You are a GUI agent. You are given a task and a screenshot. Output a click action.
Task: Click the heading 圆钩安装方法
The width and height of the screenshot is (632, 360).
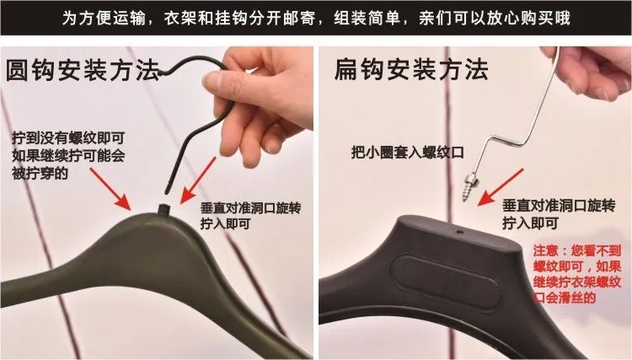pyautogui.click(x=83, y=71)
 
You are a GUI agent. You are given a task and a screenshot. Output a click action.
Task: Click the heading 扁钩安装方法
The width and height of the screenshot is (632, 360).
pyautogui.click(x=411, y=69)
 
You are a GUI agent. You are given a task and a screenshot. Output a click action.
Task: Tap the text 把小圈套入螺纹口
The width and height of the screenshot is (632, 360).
pyautogui.click(x=408, y=152)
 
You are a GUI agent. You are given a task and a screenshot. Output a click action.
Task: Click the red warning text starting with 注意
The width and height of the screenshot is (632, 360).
pyautogui.click(x=576, y=274)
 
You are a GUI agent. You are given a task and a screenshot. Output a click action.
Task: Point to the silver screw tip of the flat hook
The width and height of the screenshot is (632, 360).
pyautogui.click(x=464, y=198)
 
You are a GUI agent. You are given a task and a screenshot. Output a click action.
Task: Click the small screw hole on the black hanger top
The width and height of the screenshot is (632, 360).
pyautogui.click(x=459, y=232)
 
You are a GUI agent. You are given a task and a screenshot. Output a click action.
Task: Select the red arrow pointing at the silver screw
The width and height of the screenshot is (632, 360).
pyautogui.click(x=500, y=187)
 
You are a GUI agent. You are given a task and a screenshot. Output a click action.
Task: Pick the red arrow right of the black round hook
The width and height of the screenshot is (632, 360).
pyautogui.click(x=197, y=180)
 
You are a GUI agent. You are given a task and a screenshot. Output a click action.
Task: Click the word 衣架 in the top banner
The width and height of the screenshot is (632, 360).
pyautogui.click(x=179, y=18)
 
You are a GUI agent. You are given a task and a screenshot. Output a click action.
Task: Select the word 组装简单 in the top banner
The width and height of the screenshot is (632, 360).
pyautogui.click(x=367, y=18)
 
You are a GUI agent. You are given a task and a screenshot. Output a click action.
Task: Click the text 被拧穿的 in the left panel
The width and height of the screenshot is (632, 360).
pyautogui.click(x=40, y=173)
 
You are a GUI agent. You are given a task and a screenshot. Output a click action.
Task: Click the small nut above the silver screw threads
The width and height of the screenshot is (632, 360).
pyautogui.click(x=470, y=179)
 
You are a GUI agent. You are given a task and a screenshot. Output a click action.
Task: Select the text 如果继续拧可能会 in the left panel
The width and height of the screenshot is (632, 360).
pyautogui.click(x=68, y=155)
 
